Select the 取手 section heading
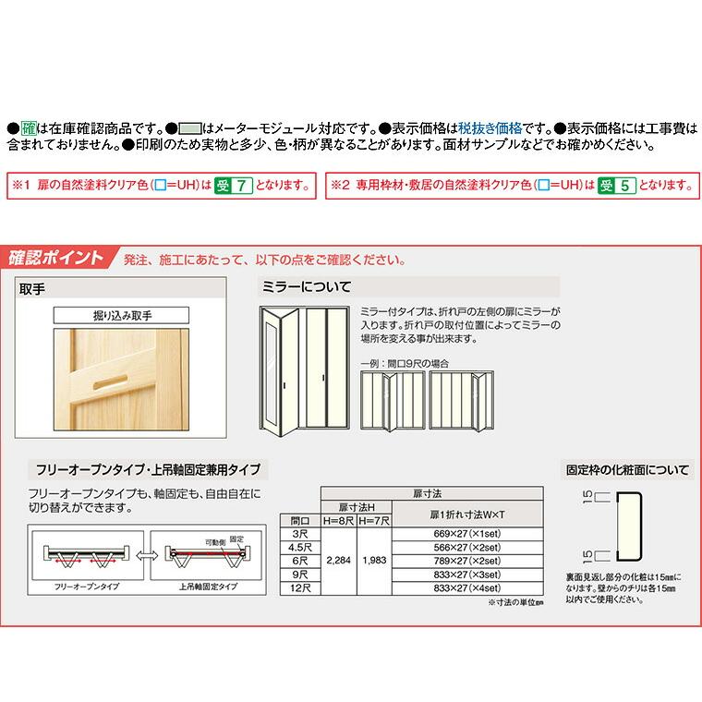pos(35,287)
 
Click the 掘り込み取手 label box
pos(121,315)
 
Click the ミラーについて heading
pos(307,287)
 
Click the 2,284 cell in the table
pos(338,560)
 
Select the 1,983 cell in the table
pos(375,560)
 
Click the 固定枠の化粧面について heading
pos(628,469)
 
